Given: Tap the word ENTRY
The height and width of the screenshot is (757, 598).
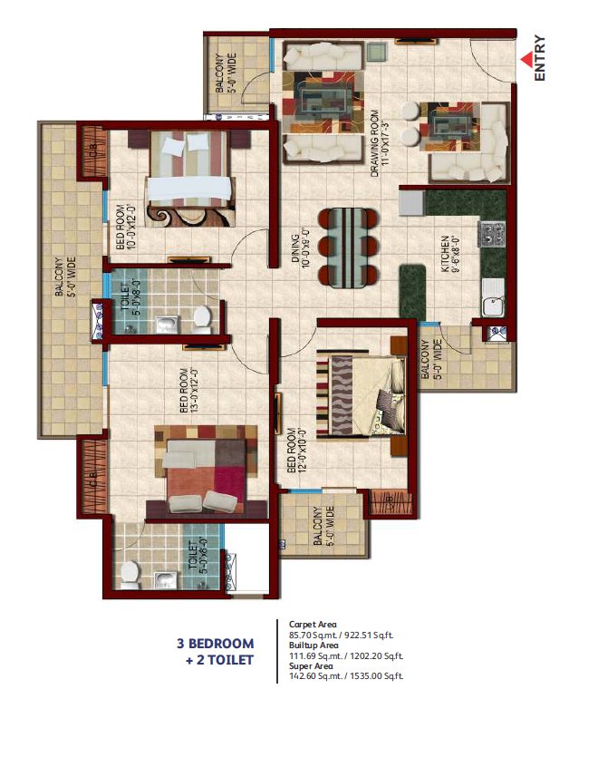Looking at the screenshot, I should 540,58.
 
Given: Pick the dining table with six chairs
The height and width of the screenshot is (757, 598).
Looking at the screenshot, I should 347,247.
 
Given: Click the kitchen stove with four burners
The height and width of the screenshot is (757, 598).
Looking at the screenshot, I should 493,234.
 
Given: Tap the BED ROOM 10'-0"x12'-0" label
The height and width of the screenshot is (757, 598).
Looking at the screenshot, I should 121,228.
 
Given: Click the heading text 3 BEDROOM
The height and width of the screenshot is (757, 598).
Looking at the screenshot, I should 215,644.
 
